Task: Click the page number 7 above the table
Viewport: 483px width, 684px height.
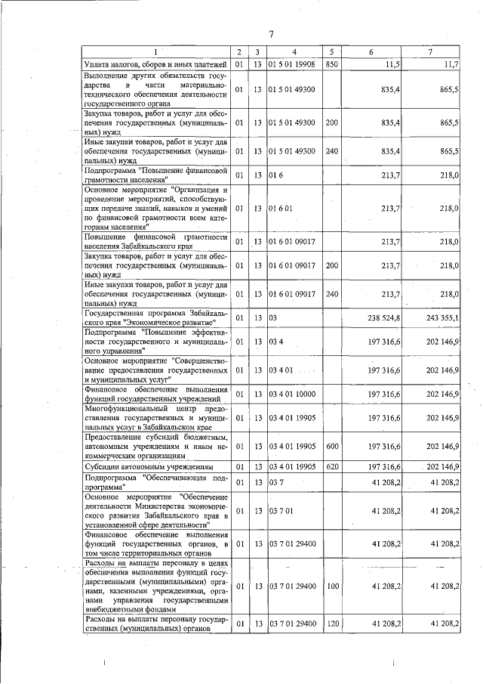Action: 270,33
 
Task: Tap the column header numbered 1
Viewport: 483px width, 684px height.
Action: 155,52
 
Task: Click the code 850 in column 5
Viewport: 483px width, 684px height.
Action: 331,64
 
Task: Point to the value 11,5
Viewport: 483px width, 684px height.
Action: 391,64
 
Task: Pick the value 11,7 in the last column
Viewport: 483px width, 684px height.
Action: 451,64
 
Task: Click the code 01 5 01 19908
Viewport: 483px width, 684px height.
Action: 291,64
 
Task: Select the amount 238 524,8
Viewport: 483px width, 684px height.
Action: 384,317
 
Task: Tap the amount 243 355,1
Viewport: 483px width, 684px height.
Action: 443,317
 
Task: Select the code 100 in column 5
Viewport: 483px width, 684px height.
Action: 331,586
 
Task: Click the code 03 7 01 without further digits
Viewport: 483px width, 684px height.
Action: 280,511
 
